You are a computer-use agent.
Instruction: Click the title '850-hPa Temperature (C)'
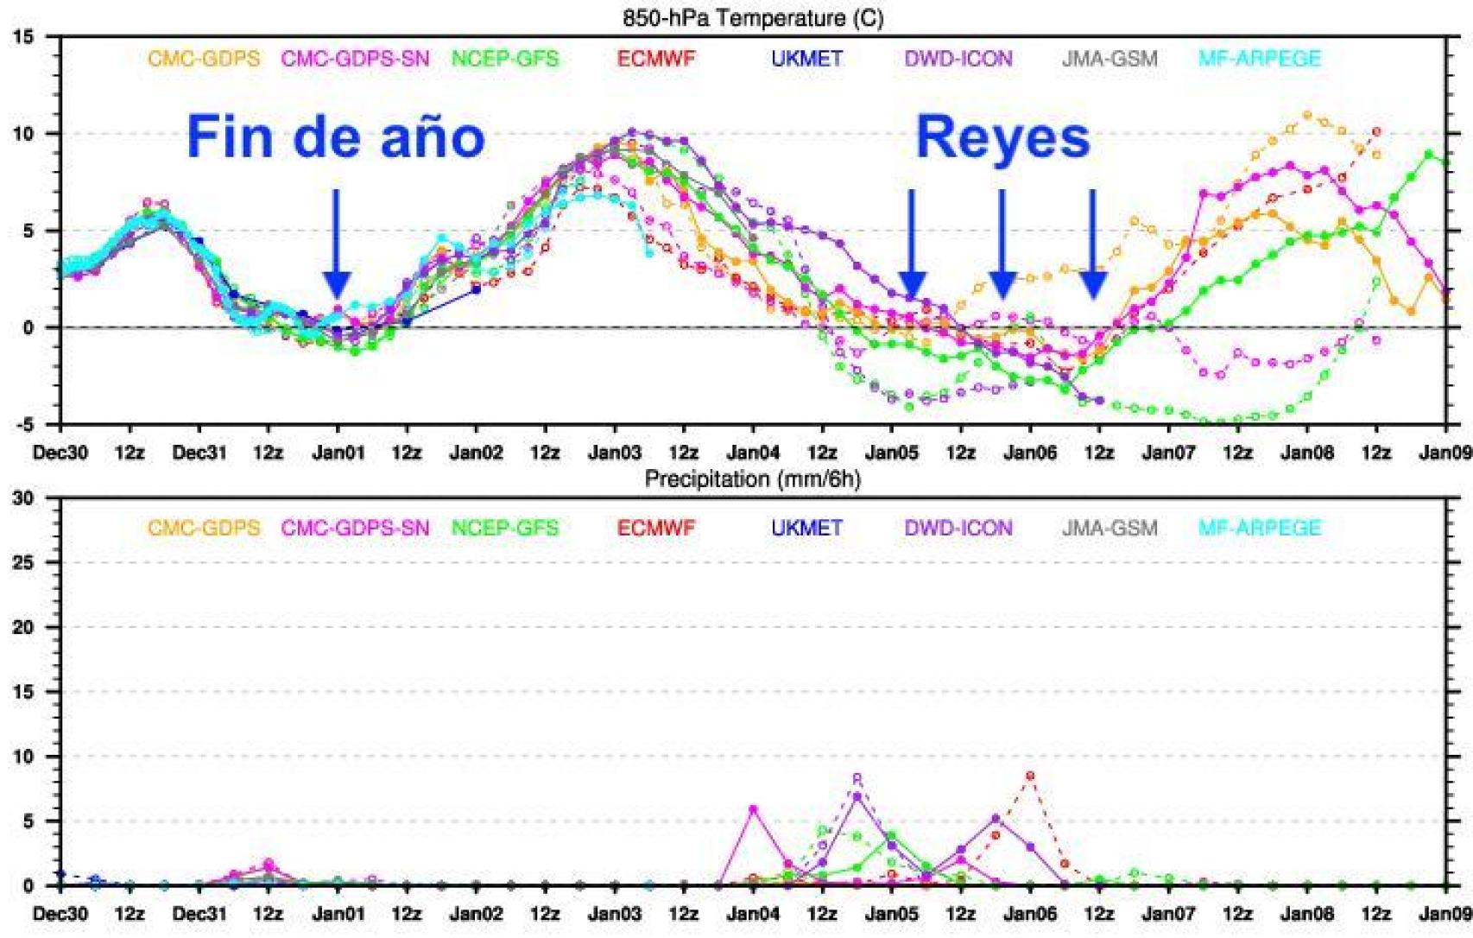[x=753, y=17]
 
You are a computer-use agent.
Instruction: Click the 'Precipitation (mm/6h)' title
[x=752, y=479]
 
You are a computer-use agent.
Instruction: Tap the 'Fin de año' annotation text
[x=336, y=137]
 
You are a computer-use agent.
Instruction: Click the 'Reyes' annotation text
[x=1002, y=137]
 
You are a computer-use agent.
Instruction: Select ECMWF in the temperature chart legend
[x=656, y=59]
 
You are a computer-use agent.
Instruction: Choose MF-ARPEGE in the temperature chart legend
[x=1260, y=59]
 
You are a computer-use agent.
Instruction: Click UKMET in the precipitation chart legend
[x=806, y=528]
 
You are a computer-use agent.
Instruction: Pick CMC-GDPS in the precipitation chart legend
[x=204, y=528]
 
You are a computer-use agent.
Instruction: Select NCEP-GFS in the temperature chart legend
[x=505, y=59]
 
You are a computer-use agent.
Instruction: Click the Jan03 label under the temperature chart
[x=614, y=453]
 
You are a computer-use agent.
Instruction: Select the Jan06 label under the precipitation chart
[x=1029, y=913]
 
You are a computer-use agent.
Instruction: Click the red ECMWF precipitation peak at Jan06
[x=1030, y=776]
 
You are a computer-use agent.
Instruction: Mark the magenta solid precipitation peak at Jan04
[x=753, y=809]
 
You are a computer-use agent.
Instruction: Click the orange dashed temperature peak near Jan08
[x=1307, y=115]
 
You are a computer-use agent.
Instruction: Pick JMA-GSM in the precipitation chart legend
[x=1109, y=528]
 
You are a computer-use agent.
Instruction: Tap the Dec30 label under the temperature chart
[x=60, y=453]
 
